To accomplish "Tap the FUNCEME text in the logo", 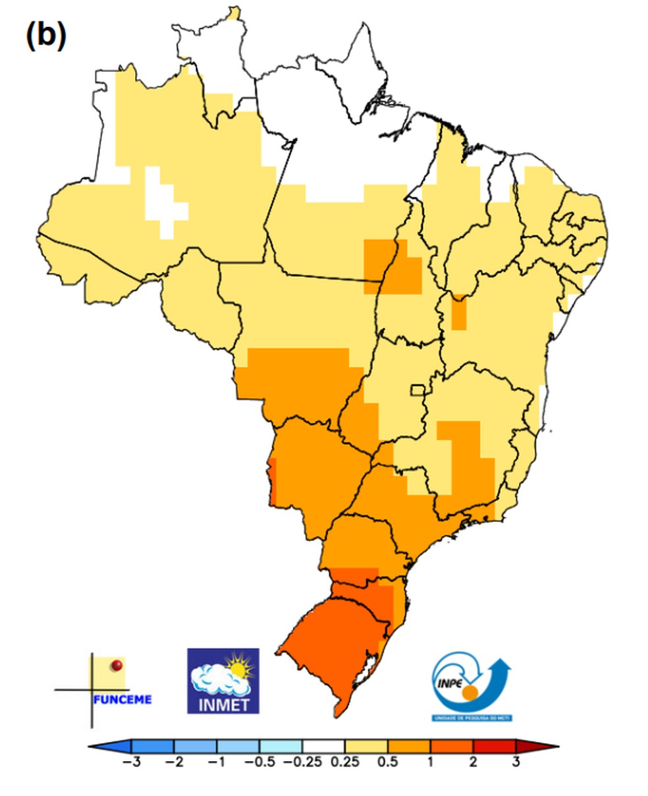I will click(x=122, y=699).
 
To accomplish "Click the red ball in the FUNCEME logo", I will click(x=117, y=666).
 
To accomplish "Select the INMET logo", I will click(x=223, y=681).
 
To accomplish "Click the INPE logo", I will click(x=472, y=685).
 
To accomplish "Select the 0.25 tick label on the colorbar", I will click(x=345, y=762).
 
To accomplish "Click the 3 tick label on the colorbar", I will click(x=516, y=762).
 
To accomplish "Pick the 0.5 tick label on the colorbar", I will click(x=388, y=762).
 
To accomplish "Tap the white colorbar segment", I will click(x=323, y=746).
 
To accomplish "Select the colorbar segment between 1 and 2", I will click(x=452, y=746).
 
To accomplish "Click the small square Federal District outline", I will click(x=418, y=390).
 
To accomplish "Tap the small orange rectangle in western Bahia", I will click(x=459, y=312).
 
